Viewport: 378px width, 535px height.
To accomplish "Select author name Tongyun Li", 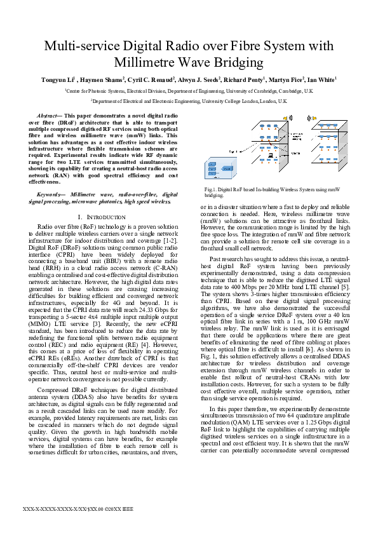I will (59, 79).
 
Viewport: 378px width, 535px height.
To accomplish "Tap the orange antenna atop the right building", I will (313, 118).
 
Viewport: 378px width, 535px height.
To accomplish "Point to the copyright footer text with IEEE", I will (78, 510).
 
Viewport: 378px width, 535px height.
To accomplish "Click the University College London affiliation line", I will (189, 100).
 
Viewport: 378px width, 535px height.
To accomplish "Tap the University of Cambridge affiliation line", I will (189, 91).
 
